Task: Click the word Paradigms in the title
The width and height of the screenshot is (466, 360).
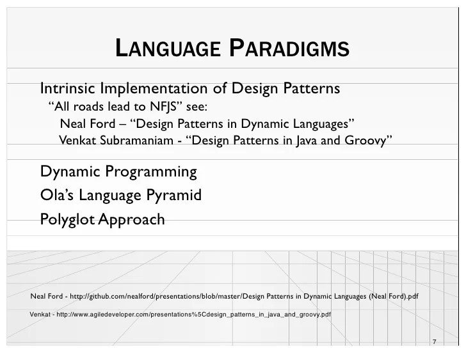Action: [289, 49]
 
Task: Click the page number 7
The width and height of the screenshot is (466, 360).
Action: [434, 342]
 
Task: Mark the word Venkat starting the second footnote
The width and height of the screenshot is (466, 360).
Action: [41, 315]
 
